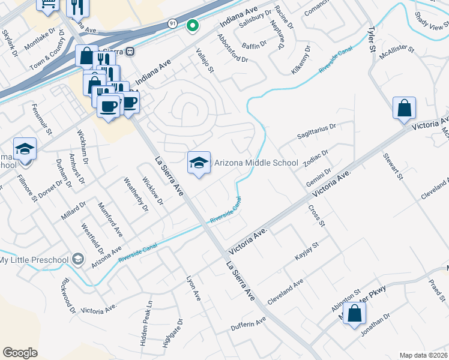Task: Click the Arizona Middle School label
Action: tap(256, 163)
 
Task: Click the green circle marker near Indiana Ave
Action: tap(192, 26)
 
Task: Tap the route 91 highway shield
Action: tap(172, 23)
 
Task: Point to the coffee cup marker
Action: tap(108, 107)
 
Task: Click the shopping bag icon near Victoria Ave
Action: tap(404, 109)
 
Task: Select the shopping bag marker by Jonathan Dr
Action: tap(354, 313)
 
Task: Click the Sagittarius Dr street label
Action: tap(317, 132)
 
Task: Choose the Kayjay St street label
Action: tap(306, 251)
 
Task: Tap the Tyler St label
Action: tap(372, 23)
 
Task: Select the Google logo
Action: tap(20, 353)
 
